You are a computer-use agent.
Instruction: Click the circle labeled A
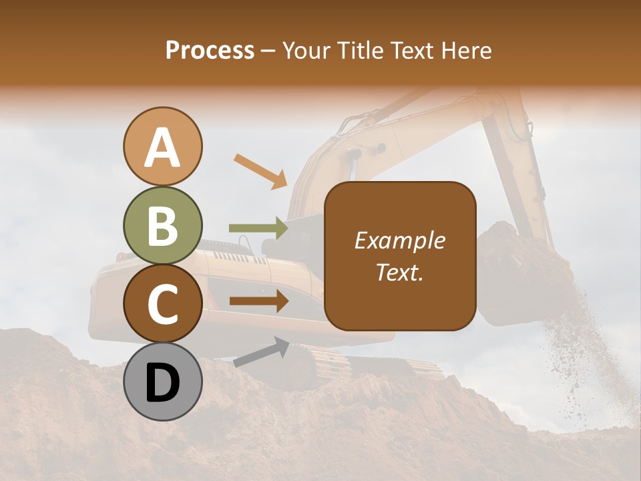162,147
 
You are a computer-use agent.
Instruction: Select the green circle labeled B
162,226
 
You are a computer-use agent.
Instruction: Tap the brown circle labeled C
162,304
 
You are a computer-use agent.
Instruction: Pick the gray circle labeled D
162,382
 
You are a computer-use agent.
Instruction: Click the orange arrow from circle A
260,170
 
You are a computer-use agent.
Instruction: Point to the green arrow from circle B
258,228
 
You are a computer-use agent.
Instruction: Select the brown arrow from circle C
258,301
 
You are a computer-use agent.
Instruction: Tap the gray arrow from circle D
261,353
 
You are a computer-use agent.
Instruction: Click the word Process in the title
210,51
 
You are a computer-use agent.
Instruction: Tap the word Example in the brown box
399,240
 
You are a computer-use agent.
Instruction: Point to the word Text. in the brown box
399,272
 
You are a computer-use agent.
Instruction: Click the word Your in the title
306,51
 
